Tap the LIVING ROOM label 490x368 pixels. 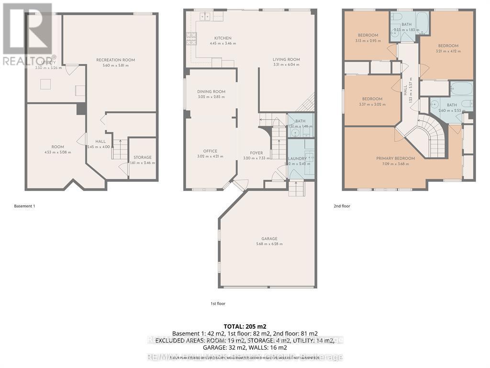[286, 59]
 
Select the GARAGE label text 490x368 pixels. [269, 239]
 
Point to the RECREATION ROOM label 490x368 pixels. [115, 60]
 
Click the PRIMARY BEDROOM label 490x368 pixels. [395, 159]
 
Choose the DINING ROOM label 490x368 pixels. [211, 92]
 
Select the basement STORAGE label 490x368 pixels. [143, 157]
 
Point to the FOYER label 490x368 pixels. [256, 153]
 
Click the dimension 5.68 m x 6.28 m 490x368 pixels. [269, 244]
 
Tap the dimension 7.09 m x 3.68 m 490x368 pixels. [395, 164]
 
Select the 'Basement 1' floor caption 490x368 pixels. [24, 206]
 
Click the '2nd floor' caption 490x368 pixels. [342, 206]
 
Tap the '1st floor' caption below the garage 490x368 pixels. [218, 303]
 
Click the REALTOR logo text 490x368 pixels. [24, 61]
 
